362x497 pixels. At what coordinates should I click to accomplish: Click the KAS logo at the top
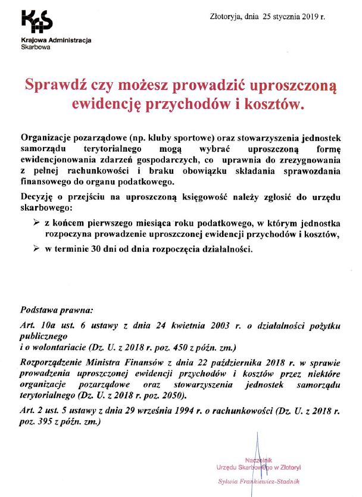pos(36,22)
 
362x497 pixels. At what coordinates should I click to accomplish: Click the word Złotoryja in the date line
pos(226,16)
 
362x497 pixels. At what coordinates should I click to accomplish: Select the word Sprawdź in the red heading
pos(52,86)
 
